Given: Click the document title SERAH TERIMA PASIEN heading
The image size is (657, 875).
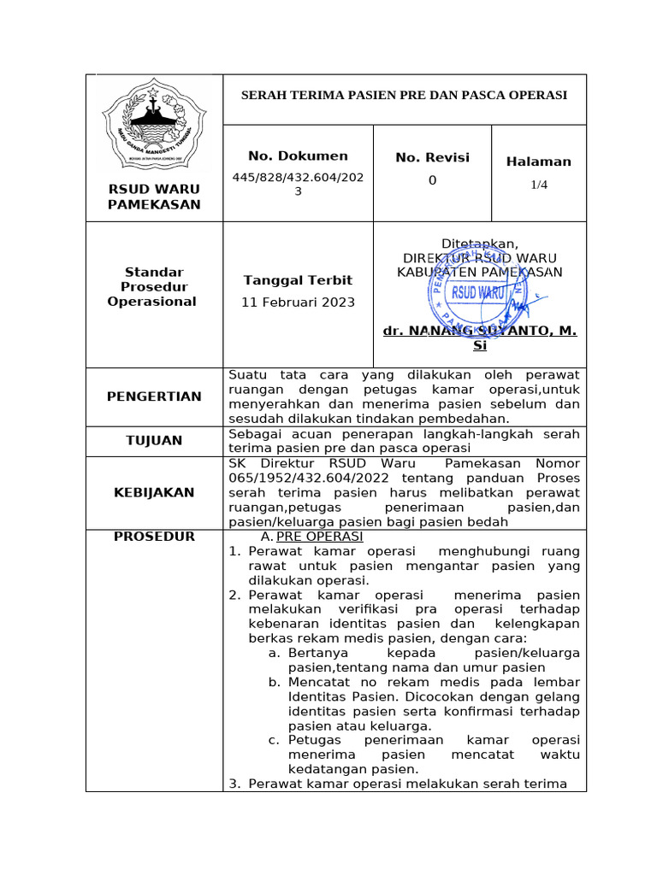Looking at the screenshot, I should pyautogui.click(x=405, y=95).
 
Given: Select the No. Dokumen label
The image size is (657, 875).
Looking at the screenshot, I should pyautogui.click(x=298, y=156).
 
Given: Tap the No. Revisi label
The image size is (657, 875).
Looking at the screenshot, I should pyautogui.click(x=432, y=158).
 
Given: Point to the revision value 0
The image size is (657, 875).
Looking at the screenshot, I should pyautogui.click(x=432, y=180).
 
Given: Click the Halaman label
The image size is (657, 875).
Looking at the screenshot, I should pyautogui.click(x=538, y=161).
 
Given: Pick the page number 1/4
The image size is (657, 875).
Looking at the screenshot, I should pyautogui.click(x=538, y=185).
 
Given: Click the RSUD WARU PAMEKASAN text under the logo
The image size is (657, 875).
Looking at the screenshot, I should pyautogui.click(x=154, y=197).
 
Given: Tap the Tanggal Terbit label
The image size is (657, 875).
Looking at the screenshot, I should pyautogui.click(x=298, y=280).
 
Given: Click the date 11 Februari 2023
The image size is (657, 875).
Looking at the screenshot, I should pyautogui.click(x=298, y=302).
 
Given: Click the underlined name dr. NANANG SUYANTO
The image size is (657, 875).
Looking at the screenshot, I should pyautogui.click(x=479, y=331).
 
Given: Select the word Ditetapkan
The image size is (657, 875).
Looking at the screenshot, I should pyautogui.click(x=479, y=243).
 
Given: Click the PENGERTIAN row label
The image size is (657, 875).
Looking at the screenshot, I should pyautogui.click(x=154, y=396).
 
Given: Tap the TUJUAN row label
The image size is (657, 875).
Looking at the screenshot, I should pyautogui.click(x=154, y=440).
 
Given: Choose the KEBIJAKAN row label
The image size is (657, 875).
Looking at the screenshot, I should pyautogui.click(x=154, y=492).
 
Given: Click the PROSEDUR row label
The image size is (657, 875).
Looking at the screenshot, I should pyautogui.click(x=154, y=537).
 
